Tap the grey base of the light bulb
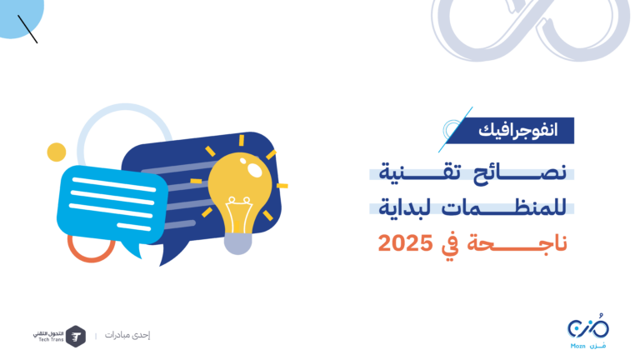(238, 244)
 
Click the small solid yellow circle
(57, 152)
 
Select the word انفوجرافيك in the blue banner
(518, 130)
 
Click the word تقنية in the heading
(420, 172)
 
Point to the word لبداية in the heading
(405, 207)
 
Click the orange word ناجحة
(517, 243)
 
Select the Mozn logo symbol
(588, 327)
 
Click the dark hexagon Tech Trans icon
(76, 337)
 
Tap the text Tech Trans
(51, 340)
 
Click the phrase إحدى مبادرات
(127, 335)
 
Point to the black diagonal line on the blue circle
(27, 29)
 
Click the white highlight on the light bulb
(254, 169)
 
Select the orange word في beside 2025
(450, 245)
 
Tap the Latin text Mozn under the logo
(578, 346)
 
